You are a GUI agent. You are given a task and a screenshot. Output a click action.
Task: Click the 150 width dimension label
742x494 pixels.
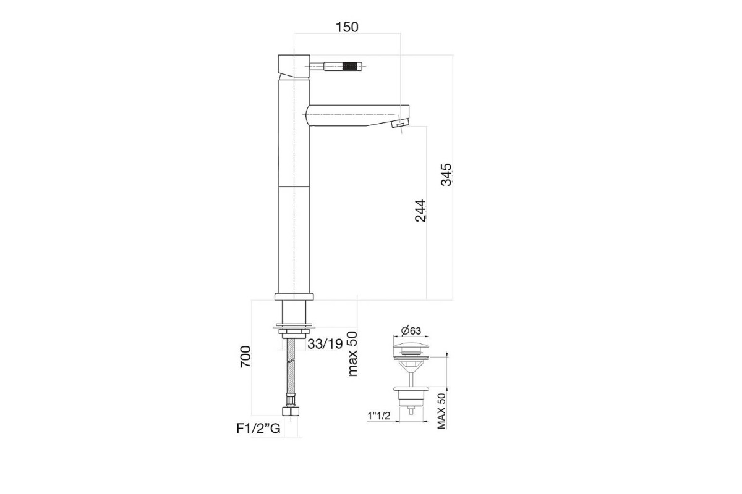pyautogui.click(x=347, y=27)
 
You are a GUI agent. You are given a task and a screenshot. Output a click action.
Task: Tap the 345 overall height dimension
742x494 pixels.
pyautogui.click(x=446, y=174)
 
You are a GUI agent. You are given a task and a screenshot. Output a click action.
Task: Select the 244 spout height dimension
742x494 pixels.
pyautogui.click(x=420, y=211)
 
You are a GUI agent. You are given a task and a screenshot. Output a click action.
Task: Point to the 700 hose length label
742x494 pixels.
pyautogui.click(x=245, y=356)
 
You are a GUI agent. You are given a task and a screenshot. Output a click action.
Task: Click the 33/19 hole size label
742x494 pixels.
pyautogui.click(x=325, y=344)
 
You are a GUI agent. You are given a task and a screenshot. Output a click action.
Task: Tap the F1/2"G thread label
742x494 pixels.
pyautogui.click(x=258, y=429)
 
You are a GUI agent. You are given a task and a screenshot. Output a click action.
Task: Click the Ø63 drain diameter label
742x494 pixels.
pyautogui.click(x=411, y=330)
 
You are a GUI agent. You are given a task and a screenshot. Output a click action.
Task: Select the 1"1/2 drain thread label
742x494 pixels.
pyautogui.click(x=379, y=416)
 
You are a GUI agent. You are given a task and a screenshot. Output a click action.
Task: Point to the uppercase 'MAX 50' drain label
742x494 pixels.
pyautogui.click(x=441, y=411)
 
